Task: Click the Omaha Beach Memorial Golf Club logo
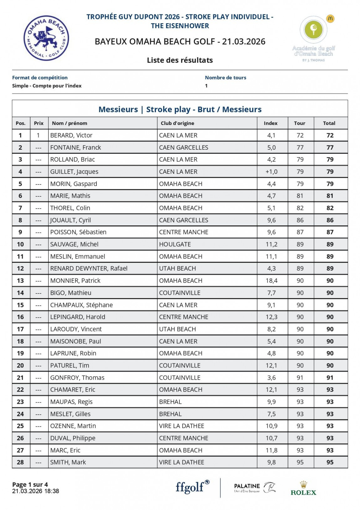[46, 38]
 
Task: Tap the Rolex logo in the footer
[303, 488]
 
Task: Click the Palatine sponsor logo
[255, 487]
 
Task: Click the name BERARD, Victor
[71, 135]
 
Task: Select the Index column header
[270, 123]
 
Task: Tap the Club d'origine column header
[177, 123]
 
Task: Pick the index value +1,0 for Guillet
[271, 172]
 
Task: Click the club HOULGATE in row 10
[175, 244]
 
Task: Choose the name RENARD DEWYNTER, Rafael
[89, 268]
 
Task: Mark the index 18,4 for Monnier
[271, 281]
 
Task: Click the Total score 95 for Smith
[330, 462]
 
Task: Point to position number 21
[20, 378]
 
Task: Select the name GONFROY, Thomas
[77, 378]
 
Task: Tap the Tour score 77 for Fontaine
[300, 148]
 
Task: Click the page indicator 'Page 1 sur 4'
[30, 485]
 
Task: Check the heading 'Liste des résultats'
[180, 60]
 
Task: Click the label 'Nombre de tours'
[225, 78]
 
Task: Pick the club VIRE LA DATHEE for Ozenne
[182, 426]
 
